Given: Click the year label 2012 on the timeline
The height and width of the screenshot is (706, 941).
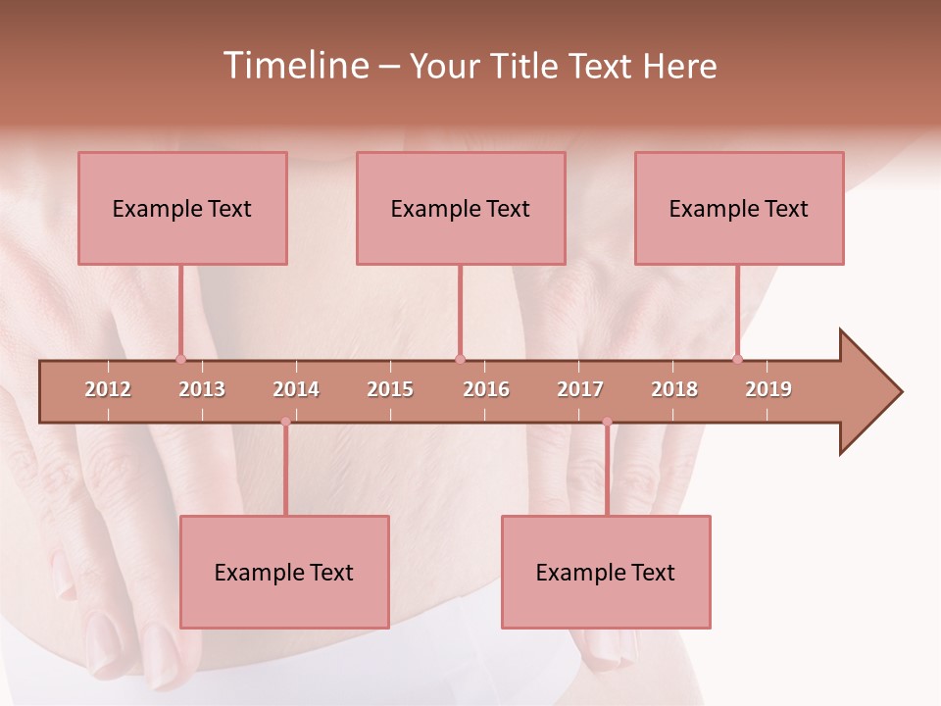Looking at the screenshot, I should (x=108, y=389).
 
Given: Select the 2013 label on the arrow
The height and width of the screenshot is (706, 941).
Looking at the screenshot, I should (x=202, y=389).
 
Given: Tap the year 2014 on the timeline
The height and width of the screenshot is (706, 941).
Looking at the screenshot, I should (x=296, y=389).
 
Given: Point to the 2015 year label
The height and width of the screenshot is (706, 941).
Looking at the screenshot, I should (x=390, y=389).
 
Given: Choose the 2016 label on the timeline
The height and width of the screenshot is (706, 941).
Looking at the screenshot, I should (x=486, y=389).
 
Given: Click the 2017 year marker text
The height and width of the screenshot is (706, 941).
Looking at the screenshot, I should (x=580, y=389).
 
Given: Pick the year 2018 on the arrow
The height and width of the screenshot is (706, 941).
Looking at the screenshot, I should (x=674, y=389).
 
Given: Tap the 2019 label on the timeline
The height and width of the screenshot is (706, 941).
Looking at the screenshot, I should (x=768, y=389).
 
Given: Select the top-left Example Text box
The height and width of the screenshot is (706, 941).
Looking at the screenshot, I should (x=182, y=208).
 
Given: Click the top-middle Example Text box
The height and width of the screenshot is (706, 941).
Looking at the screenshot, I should (x=461, y=208).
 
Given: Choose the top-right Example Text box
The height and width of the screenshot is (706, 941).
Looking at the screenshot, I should (x=739, y=208).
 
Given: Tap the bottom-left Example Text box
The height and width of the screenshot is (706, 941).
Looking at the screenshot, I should (x=284, y=572).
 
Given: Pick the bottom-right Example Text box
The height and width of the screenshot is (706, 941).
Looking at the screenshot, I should (x=606, y=572).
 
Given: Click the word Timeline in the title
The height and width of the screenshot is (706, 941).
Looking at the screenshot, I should (x=294, y=66).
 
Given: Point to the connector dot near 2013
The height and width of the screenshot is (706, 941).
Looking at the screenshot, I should (x=180, y=359).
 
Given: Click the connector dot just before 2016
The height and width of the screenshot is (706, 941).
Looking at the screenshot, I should (x=460, y=359).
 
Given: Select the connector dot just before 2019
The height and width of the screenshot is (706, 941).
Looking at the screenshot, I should (x=737, y=359).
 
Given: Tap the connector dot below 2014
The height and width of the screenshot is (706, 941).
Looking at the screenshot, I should (x=285, y=422).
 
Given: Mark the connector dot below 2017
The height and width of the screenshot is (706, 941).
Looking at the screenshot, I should (x=607, y=422).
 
